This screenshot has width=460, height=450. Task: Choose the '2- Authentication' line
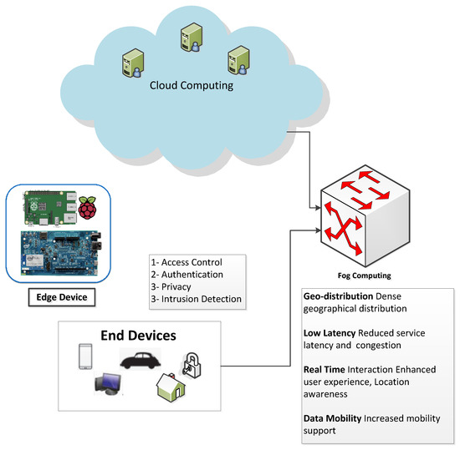186,274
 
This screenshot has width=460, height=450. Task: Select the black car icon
141,361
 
